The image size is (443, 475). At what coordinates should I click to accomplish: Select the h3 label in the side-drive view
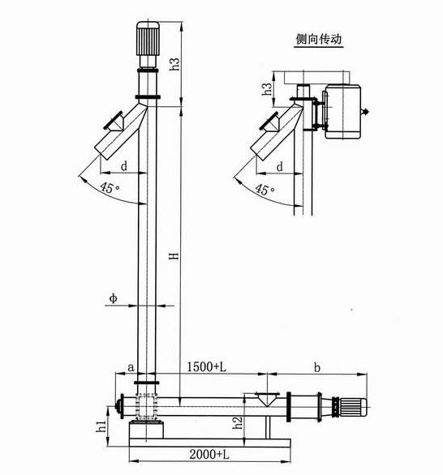pos(266,88)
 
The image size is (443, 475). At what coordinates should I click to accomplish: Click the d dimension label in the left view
pos(123,165)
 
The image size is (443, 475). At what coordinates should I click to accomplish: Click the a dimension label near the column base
pos(131,367)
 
